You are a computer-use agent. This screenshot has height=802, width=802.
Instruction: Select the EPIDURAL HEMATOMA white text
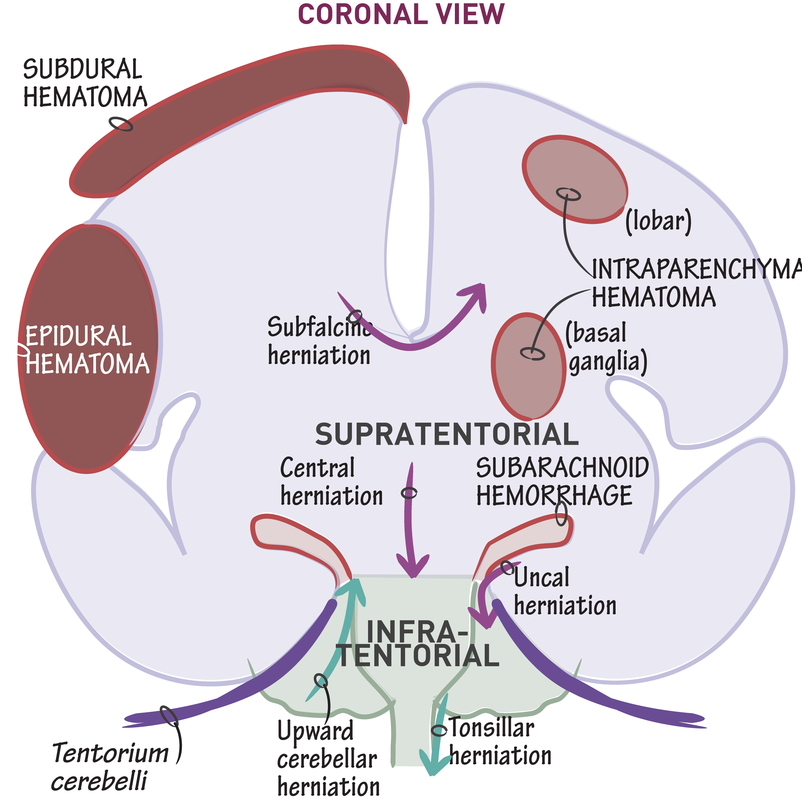click(86, 350)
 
